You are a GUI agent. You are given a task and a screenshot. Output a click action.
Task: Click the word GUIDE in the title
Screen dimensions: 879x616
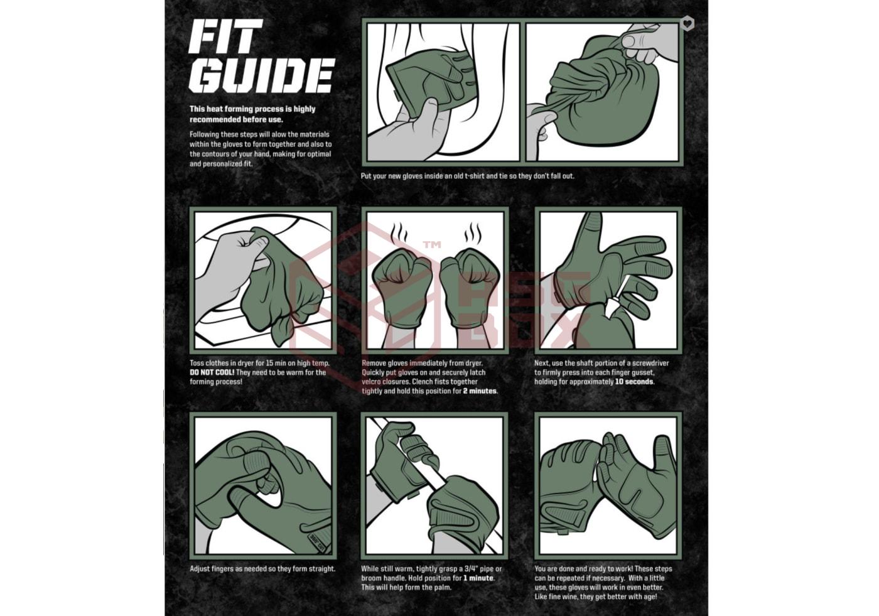pyautogui.click(x=262, y=76)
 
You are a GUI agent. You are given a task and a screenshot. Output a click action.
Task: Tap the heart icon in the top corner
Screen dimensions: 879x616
pyautogui.click(x=687, y=23)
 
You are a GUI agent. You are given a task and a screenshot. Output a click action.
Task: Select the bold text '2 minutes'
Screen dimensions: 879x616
pyautogui.click(x=480, y=391)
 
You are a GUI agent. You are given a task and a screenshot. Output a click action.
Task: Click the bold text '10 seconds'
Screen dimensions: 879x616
pyautogui.click(x=634, y=382)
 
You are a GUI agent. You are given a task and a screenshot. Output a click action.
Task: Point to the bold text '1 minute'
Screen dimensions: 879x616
pyautogui.click(x=478, y=578)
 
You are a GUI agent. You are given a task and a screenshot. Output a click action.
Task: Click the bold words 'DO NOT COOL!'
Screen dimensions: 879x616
pyautogui.click(x=212, y=372)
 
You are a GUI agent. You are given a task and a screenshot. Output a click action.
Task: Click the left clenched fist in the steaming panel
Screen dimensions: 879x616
pyautogui.click(x=401, y=288)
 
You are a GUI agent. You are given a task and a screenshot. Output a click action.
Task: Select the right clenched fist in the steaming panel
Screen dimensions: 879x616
pyautogui.click(x=470, y=288)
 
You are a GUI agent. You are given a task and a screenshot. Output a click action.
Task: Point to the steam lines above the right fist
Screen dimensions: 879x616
pyautogui.click(x=473, y=233)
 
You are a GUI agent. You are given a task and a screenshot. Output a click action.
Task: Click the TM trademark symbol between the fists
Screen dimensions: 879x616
pyautogui.click(x=432, y=245)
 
